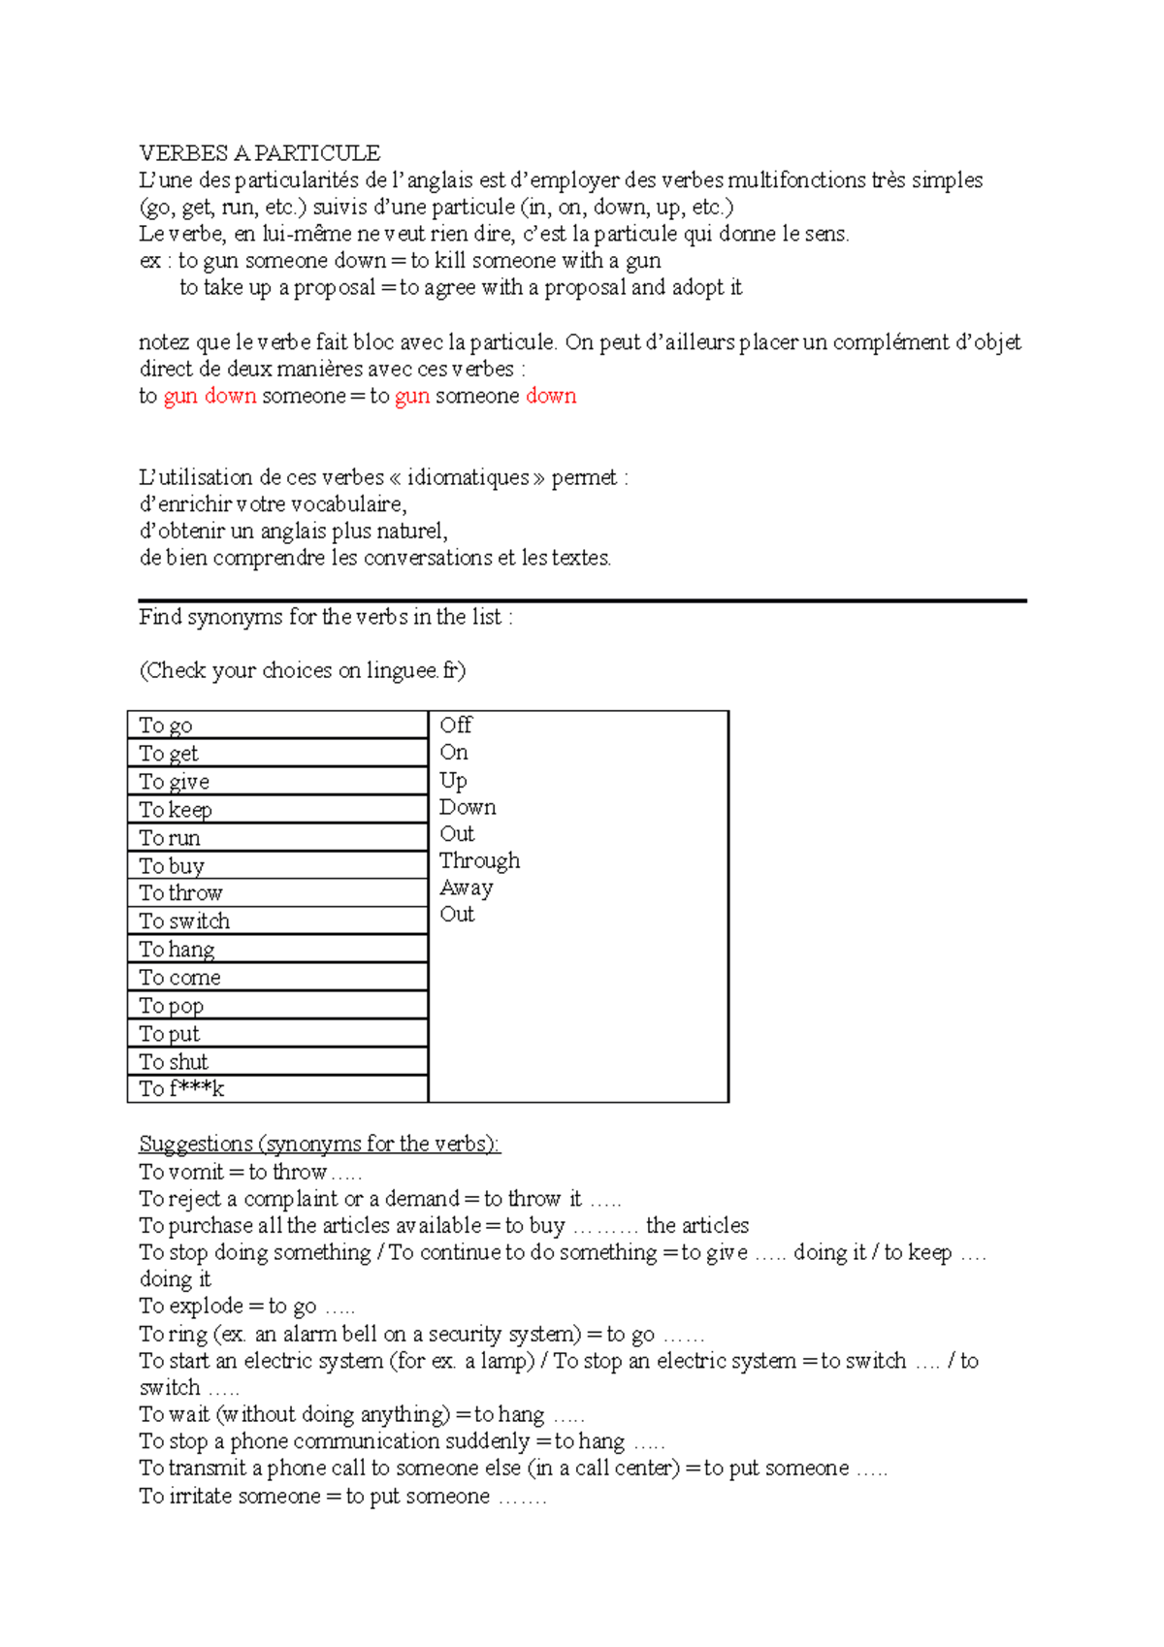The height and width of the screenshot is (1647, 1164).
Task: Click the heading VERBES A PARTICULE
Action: [259, 152]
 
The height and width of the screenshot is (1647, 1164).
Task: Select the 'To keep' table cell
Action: [276, 810]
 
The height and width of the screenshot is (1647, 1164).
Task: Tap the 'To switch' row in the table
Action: [276, 921]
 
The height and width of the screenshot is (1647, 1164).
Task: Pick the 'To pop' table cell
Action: [276, 1006]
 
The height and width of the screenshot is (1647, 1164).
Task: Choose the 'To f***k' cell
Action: [276, 1089]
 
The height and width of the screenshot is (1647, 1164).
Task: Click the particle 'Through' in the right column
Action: [479, 860]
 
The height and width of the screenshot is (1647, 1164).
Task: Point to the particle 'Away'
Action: [466, 888]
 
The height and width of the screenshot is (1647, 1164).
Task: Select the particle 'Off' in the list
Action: [455, 725]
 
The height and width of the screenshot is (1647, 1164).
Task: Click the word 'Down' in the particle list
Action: [468, 807]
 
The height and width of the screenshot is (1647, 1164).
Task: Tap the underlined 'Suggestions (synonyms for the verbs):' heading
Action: [319, 1144]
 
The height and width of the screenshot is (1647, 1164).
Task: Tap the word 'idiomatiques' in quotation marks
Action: [468, 477]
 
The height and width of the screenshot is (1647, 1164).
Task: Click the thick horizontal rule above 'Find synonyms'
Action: [582, 600]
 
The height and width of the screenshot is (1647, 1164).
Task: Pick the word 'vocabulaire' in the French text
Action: [345, 504]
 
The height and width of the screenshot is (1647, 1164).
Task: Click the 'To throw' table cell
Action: [276, 893]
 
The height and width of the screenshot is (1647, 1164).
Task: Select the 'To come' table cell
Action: [276, 978]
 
